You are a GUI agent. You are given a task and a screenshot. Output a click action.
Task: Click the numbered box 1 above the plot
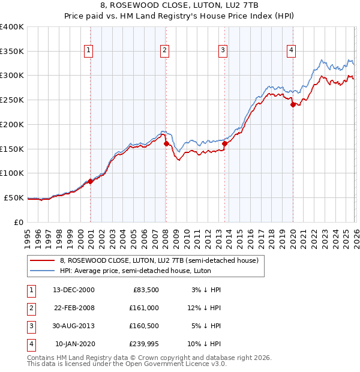(x=88, y=51)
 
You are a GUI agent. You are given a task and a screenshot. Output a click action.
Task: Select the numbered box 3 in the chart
(x=223, y=51)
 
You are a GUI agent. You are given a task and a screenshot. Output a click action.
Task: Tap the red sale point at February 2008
(x=166, y=143)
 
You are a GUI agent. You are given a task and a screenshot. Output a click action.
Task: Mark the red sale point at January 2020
(x=293, y=104)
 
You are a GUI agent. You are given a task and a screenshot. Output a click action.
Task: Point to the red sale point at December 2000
(x=90, y=181)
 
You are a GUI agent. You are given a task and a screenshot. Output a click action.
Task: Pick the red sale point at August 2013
(x=224, y=143)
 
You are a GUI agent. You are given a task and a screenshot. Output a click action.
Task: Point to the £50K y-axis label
(x=14, y=197)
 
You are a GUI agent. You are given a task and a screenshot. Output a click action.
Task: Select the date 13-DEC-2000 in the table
(x=74, y=289)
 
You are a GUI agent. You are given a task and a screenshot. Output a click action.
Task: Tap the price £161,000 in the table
(x=143, y=308)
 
